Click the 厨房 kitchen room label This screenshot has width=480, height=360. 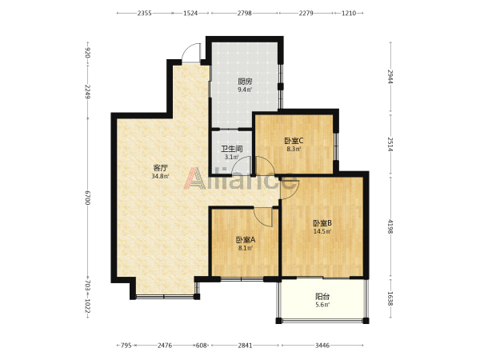pyautogui.click(x=245, y=82)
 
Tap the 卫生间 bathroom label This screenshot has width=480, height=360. pyautogui.click(x=232, y=149)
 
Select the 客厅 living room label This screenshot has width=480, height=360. pyautogui.click(x=161, y=168)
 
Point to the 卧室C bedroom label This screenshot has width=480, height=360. pyautogui.click(x=294, y=141)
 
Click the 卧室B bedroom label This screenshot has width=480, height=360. pyautogui.click(x=322, y=223)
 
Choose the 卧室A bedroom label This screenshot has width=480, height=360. pyautogui.click(x=246, y=240)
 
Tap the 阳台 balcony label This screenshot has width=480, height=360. pyautogui.click(x=322, y=296)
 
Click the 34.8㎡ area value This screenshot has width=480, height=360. pyautogui.click(x=160, y=176)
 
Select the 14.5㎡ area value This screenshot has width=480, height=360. pyautogui.click(x=322, y=231)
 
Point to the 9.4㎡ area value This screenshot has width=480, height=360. pyautogui.click(x=245, y=90)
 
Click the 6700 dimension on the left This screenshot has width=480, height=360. pyautogui.click(x=87, y=198)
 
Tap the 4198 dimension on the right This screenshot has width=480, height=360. pyautogui.click(x=390, y=226)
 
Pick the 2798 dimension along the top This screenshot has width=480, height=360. pyautogui.click(x=244, y=13)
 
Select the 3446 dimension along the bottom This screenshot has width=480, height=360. pyautogui.click(x=322, y=346)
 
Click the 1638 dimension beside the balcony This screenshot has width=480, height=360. pyautogui.click(x=390, y=298)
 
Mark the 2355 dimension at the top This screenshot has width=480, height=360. pyautogui.click(x=144, y=13)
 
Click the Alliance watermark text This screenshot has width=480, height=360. pyautogui.click(x=240, y=178)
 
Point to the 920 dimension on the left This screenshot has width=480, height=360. pyautogui.click(x=87, y=53)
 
